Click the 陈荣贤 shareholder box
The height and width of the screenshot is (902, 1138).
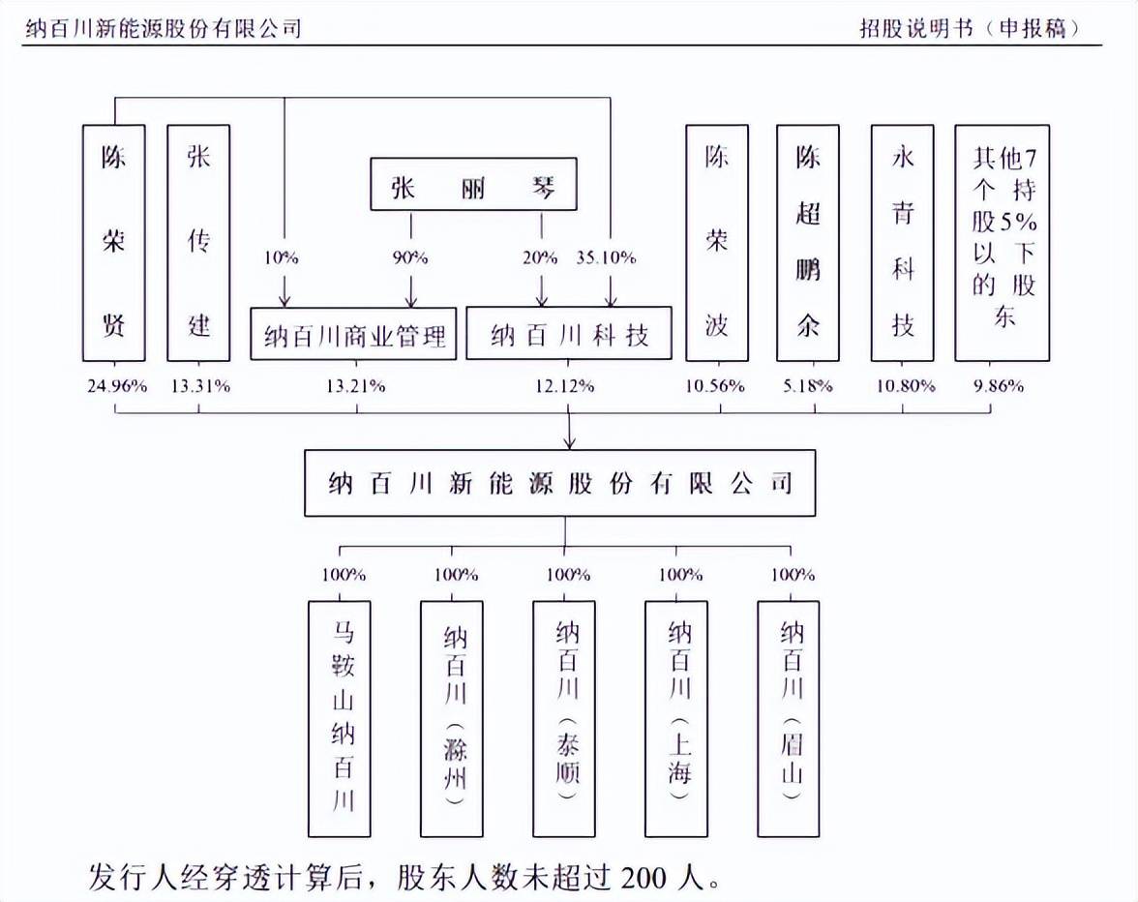point(114,243)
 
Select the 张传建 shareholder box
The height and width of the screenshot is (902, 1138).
point(199,243)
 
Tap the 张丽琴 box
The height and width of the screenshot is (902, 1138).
point(474,184)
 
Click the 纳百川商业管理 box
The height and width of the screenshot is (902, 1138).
point(353,334)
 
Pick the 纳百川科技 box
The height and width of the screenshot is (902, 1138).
point(569,333)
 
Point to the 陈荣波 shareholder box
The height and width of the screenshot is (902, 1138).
point(717,243)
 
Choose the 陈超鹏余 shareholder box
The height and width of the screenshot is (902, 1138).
point(808,243)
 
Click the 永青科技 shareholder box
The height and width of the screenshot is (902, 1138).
point(902,243)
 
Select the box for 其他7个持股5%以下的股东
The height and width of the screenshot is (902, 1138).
point(1003,243)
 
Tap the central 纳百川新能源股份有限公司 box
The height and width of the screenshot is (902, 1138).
point(559,483)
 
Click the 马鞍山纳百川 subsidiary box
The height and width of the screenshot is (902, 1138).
point(340,718)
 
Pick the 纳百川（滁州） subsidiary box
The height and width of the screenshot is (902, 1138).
point(451,718)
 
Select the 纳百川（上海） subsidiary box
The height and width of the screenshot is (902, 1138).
point(676,718)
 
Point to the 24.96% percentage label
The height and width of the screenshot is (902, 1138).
point(117,386)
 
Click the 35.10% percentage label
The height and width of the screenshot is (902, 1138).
point(606,257)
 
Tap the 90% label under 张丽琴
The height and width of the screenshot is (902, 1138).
point(410,257)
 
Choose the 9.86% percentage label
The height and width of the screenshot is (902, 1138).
point(999,386)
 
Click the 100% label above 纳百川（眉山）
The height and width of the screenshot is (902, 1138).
point(793,575)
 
